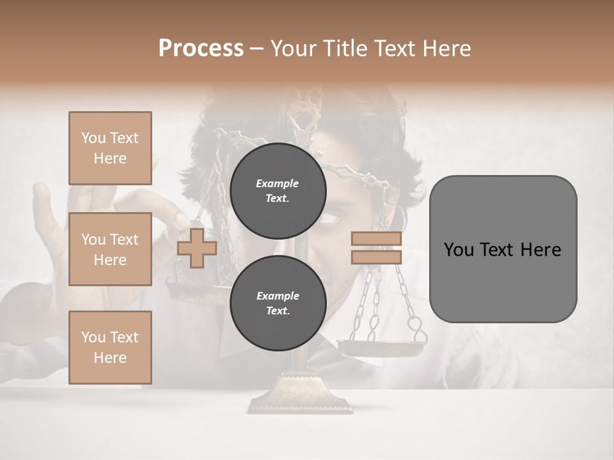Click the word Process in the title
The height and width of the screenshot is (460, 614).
pos(201,49)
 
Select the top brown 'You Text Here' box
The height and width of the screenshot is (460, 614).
pos(110,148)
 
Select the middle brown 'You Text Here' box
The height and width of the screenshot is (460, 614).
pos(110,249)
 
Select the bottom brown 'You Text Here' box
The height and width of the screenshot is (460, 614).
pos(110,347)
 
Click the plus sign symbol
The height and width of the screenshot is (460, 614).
pos(197,248)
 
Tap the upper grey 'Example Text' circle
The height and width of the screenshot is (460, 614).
pos(278,190)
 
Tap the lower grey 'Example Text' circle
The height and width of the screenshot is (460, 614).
pos(278,303)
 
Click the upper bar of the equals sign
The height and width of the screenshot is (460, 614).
pos(376,238)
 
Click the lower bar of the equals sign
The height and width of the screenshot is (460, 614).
pos(376,257)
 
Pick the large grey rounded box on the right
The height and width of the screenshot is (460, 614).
pos(503,281)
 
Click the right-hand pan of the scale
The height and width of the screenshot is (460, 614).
pos(381,348)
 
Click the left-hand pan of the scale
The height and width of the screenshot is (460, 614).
pos(192,293)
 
